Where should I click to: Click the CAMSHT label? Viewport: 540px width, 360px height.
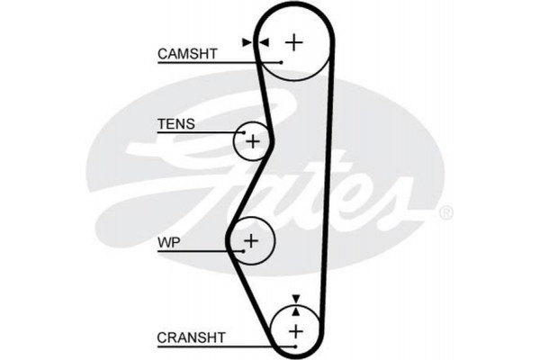pos(187,53)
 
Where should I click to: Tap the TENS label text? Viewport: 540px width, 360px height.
pos(175,123)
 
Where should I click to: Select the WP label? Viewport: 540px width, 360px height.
pos(168,241)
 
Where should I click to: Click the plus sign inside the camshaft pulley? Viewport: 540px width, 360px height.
pos(294,41)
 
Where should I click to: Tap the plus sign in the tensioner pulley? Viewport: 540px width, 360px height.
pos(253,141)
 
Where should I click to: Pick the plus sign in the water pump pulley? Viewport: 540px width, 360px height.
pos(251,239)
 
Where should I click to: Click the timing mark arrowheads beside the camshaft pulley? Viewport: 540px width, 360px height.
pos(256,41)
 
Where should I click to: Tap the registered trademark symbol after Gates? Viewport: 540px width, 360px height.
pos(445,213)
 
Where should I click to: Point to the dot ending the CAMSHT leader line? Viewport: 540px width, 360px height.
pos(281,62)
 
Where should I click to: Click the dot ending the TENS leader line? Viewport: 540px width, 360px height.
pos(240,133)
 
